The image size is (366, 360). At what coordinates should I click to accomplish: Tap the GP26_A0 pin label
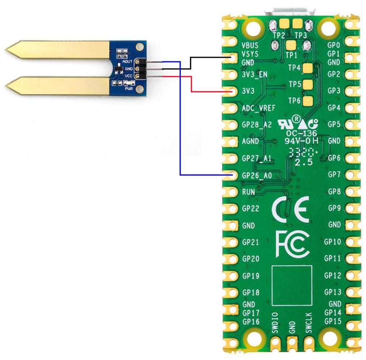tap(257, 176)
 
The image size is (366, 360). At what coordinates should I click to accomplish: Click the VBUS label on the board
tap(250, 45)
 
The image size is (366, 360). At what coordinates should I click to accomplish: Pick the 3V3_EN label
tap(255, 75)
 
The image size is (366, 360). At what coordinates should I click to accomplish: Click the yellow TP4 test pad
tap(307, 68)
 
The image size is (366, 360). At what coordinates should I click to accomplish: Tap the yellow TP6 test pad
tap(307, 101)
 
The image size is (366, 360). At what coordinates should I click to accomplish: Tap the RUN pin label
tap(248, 192)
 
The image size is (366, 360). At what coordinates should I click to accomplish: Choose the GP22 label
tap(250, 209)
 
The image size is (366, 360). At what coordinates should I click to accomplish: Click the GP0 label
tap(333, 45)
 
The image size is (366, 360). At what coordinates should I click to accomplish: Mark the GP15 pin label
tap(332, 321)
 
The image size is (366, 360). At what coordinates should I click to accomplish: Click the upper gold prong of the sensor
tap(58, 50)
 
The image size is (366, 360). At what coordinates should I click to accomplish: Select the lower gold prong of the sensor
tap(58, 86)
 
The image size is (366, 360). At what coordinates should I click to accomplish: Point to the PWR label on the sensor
tap(129, 88)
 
